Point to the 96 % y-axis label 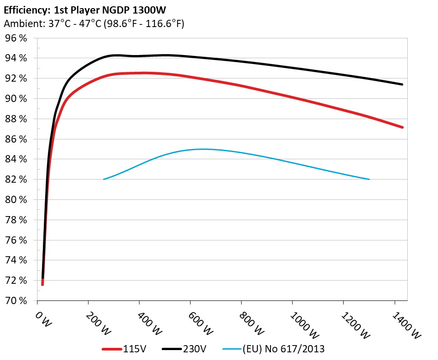click(16, 38)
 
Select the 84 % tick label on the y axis click(16, 159)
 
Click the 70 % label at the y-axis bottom click(16, 300)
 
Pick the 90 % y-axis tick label click(16, 99)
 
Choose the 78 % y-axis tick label click(16, 220)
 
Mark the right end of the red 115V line click(402, 127)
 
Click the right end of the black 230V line click(402, 84)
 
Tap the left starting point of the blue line click(104, 180)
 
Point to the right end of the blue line click(369, 180)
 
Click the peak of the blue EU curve click(203, 149)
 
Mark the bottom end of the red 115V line click(42, 284)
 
